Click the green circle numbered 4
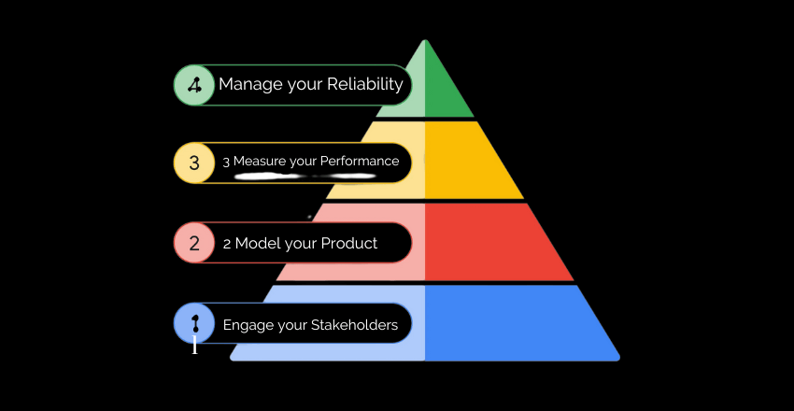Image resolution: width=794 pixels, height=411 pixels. click(x=194, y=85)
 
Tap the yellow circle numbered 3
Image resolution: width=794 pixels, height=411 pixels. click(x=194, y=163)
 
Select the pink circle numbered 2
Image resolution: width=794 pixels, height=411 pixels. click(x=194, y=244)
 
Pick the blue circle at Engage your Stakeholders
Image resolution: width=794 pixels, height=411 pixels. click(x=194, y=324)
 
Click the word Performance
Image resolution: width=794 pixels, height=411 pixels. click(x=360, y=162)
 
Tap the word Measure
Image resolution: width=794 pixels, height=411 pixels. click(x=259, y=162)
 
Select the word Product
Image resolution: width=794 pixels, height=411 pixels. click(x=348, y=244)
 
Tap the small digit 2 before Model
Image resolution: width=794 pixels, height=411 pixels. click(x=227, y=245)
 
